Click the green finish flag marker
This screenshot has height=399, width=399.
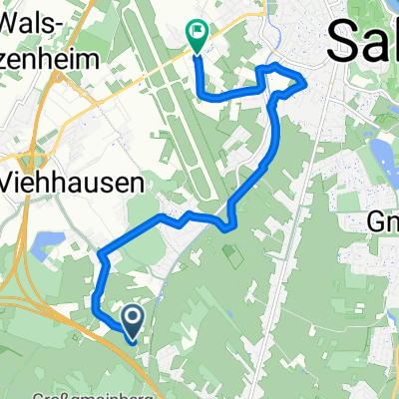click(197, 36)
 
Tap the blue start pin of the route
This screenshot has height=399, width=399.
click(132, 317)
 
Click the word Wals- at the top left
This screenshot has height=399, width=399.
click(35, 21)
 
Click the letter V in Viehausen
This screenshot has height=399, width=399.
click(12, 183)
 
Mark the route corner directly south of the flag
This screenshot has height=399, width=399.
click(205, 97)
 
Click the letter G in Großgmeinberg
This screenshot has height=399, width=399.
click(40, 393)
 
